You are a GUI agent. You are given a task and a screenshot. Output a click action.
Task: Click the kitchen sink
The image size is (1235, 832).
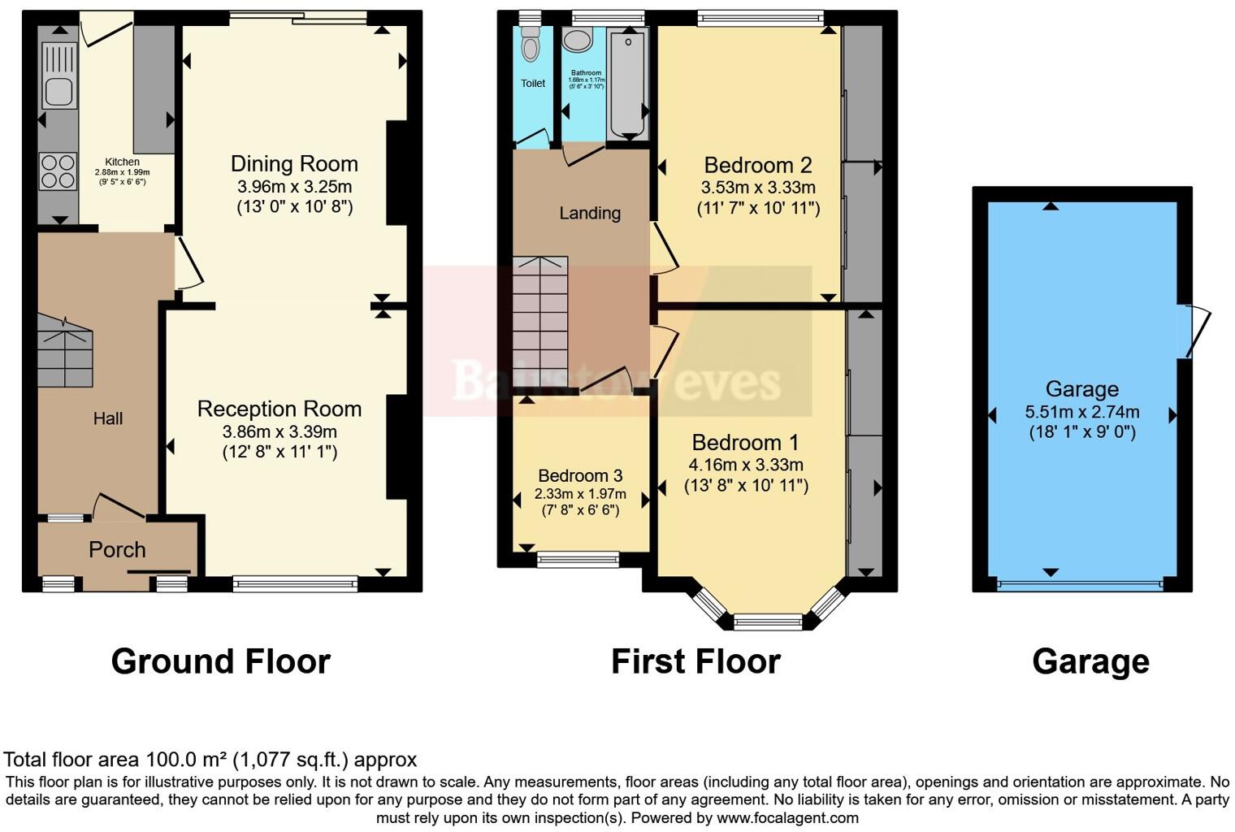58,76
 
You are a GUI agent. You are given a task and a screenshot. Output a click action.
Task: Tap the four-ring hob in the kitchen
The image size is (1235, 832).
58,171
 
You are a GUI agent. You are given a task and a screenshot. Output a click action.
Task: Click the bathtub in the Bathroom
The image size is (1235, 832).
626,81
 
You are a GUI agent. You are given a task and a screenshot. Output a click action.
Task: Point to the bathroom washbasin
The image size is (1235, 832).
578,41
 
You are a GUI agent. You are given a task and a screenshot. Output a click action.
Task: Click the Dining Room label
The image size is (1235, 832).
294,164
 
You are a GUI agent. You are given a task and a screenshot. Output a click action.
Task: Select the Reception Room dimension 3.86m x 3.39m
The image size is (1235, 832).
279,431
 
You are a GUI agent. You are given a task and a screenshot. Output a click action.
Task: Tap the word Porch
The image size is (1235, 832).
117,550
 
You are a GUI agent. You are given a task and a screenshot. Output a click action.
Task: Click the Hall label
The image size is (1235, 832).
108,418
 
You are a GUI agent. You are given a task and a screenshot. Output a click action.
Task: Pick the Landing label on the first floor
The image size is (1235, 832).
590,213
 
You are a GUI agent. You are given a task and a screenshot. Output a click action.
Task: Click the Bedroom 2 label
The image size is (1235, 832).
757,166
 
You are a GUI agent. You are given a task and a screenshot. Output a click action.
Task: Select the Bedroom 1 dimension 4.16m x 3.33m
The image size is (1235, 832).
745,465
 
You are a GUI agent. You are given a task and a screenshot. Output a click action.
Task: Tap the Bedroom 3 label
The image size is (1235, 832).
580,475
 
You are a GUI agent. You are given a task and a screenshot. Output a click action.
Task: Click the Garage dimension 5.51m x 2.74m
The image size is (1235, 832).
1081,412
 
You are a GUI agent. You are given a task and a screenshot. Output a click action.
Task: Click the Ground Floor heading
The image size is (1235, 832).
220,661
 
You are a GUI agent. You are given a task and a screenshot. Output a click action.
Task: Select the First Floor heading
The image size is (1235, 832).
695,661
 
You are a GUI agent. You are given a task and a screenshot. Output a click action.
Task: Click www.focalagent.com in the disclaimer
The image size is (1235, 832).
787,818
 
